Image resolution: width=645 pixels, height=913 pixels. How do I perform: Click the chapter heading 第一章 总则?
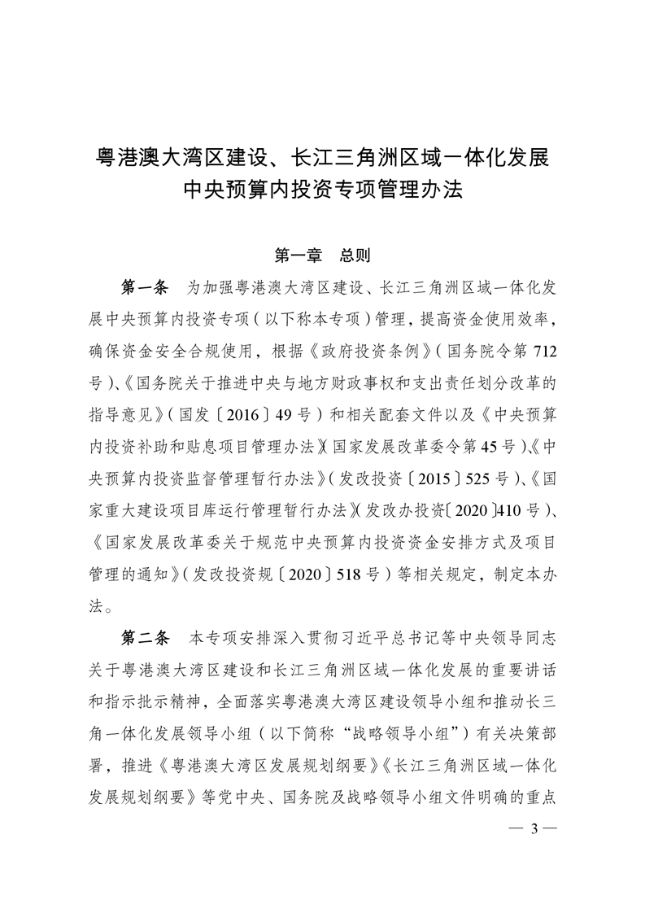click(x=322, y=256)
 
